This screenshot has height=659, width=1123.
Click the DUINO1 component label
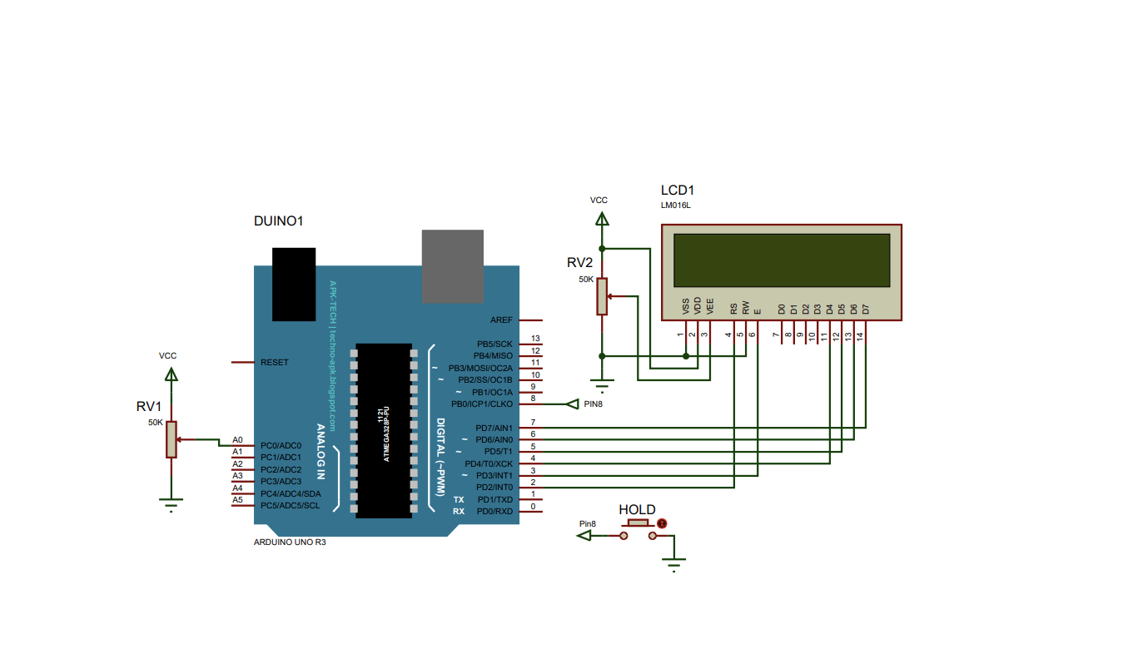click(278, 222)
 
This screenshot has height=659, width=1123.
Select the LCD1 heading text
click(677, 190)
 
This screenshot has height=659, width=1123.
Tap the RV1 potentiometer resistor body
click(171, 439)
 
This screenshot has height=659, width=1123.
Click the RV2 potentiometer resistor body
click(602, 296)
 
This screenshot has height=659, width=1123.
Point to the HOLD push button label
click(637, 509)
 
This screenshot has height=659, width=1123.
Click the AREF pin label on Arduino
click(502, 320)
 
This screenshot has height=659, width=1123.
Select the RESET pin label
click(275, 362)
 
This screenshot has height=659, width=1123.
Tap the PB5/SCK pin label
click(494, 344)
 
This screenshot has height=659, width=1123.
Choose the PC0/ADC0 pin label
click(281, 445)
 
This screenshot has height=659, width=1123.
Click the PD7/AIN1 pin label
click(494, 428)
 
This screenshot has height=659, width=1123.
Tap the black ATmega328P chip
click(384, 430)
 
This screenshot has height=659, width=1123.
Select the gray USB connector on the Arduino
click(452, 266)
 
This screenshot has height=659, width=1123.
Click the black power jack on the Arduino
click(294, 284)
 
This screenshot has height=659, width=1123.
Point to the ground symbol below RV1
click(171, 503)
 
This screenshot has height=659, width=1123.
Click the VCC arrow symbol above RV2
click(602, 219)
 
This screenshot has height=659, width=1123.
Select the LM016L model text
click(675, 206)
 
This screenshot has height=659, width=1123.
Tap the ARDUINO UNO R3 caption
click(290, 542)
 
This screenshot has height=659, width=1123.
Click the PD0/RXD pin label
click(494, 511)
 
